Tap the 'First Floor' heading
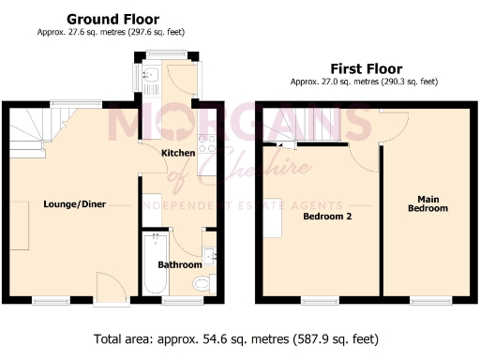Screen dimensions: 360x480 pos(366,68)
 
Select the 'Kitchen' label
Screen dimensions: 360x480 pos(178,153)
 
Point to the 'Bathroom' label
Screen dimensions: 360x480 pos(179,265)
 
